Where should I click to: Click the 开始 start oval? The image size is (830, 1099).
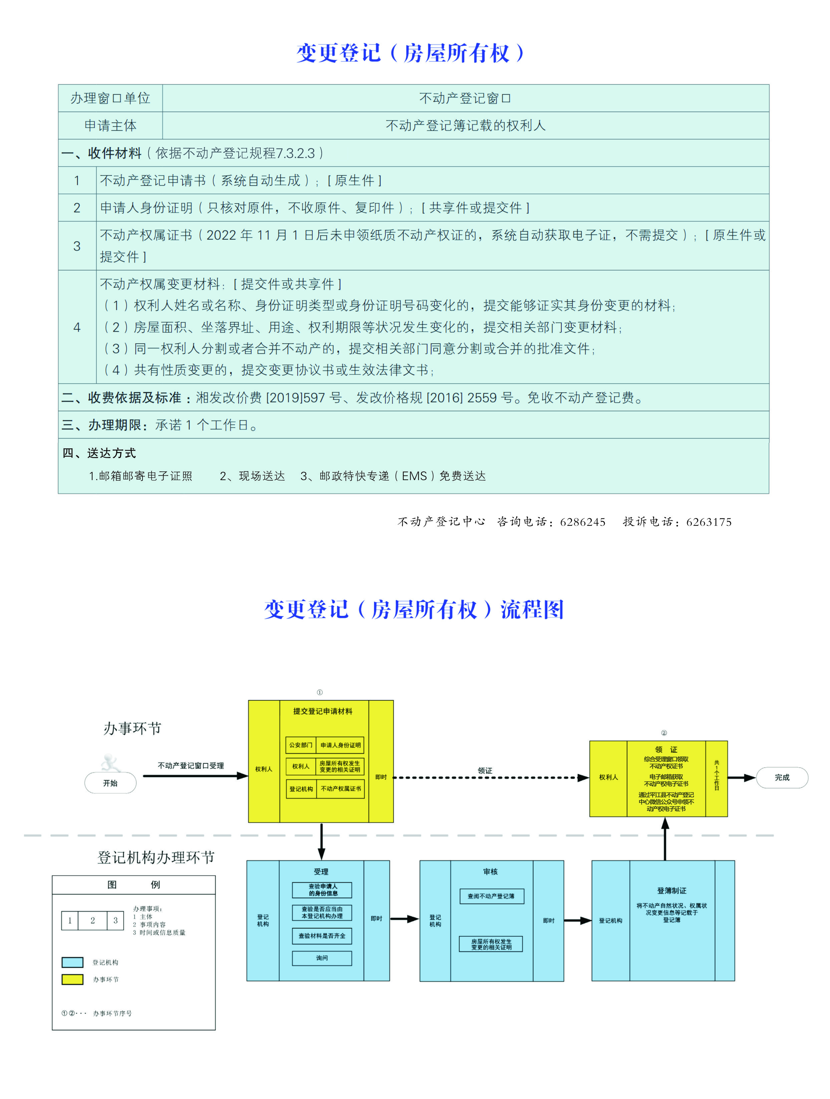(110, 783)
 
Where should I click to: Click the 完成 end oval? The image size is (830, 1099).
(782, 778)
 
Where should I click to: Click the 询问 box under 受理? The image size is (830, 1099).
(322, 958)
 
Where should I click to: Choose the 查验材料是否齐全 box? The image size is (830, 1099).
(322, 936)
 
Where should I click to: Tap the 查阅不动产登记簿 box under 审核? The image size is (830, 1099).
(491, 896)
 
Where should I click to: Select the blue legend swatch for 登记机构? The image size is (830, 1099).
(72, 962)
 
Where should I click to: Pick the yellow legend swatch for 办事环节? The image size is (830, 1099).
(72, 979)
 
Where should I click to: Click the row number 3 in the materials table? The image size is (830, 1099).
(77, 246)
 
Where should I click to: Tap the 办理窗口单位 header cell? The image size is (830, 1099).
(110, 98)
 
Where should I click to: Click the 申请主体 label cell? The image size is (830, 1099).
(110, 126)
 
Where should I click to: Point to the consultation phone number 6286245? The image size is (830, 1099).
(582, 522)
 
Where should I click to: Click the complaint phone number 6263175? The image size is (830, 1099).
(709, 522)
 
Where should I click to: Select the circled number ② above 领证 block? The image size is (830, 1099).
(664, 733)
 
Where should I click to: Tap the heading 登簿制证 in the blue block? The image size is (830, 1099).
(671, 891)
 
